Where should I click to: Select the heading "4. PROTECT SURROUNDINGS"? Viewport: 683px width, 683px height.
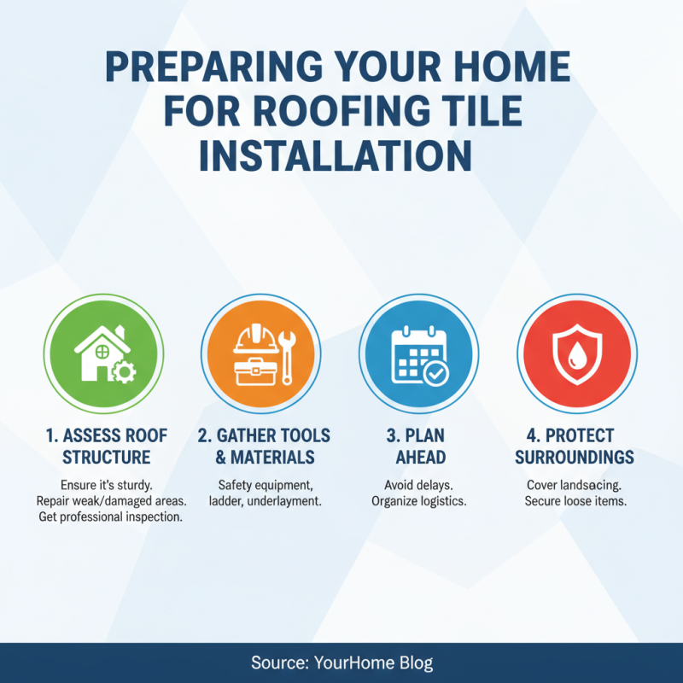tap(575, 446)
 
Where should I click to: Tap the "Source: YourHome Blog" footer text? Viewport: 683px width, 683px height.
tap(341, 663)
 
